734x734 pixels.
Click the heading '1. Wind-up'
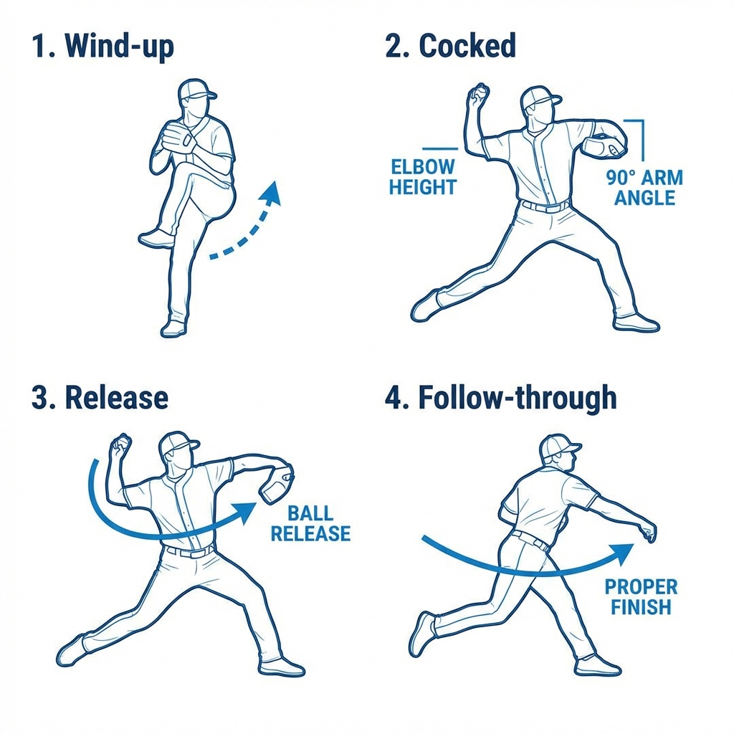click(x=103, y=47)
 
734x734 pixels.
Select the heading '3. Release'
click(x=100, y=397)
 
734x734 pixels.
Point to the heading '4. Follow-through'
click(x=500, y=397)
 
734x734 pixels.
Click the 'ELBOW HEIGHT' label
click(x=423, y=177)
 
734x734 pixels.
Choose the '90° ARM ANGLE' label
click(x=644, y=188)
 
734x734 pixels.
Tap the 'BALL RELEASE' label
click(x=311, y=523)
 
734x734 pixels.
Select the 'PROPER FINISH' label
click(x=641, y=597)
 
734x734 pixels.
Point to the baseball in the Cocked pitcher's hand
click(x=480, y=90)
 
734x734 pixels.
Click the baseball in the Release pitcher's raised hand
click(x=124, y=441)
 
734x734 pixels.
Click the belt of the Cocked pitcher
click(x=545, y=206)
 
